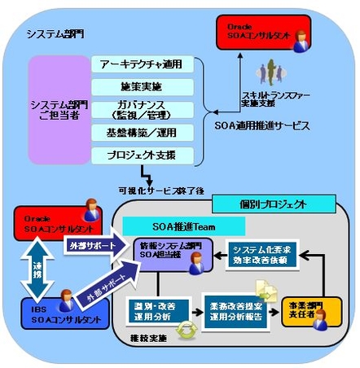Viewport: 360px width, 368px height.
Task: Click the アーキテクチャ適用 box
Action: click(142, 64)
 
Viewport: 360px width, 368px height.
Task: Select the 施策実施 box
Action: click(142, 86)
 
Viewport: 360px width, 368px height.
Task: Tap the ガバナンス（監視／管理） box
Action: click(142, 109)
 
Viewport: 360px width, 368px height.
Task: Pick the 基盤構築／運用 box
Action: click(142, 132)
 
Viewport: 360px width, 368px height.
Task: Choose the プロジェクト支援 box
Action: click(142, 154)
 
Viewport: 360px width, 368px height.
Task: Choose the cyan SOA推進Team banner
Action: click(180, 226)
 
